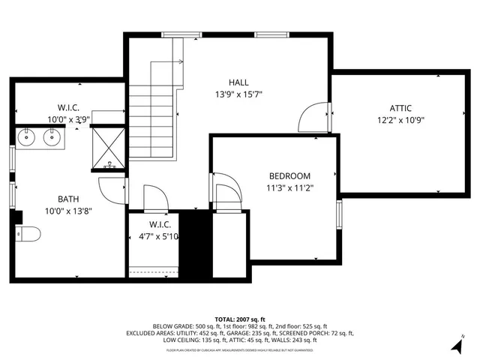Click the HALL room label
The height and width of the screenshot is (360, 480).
point(239,82)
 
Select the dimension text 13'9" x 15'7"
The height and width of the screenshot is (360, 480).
point(239,94)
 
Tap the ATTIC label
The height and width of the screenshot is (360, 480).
point(400,108)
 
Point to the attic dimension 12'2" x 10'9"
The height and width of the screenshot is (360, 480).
point(400,120)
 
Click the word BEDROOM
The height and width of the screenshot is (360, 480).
point(289,176)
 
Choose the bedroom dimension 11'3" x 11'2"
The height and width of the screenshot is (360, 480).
point(289,188)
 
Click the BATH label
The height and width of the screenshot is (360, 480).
point(69,199)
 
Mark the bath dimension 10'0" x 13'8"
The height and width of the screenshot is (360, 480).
point(69,211)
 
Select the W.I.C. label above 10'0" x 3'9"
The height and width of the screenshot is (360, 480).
point(68,108)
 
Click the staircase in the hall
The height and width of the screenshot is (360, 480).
point(153,112)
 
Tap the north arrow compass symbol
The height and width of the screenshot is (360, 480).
point(457,345)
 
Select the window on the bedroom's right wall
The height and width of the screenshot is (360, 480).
point(339,214)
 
